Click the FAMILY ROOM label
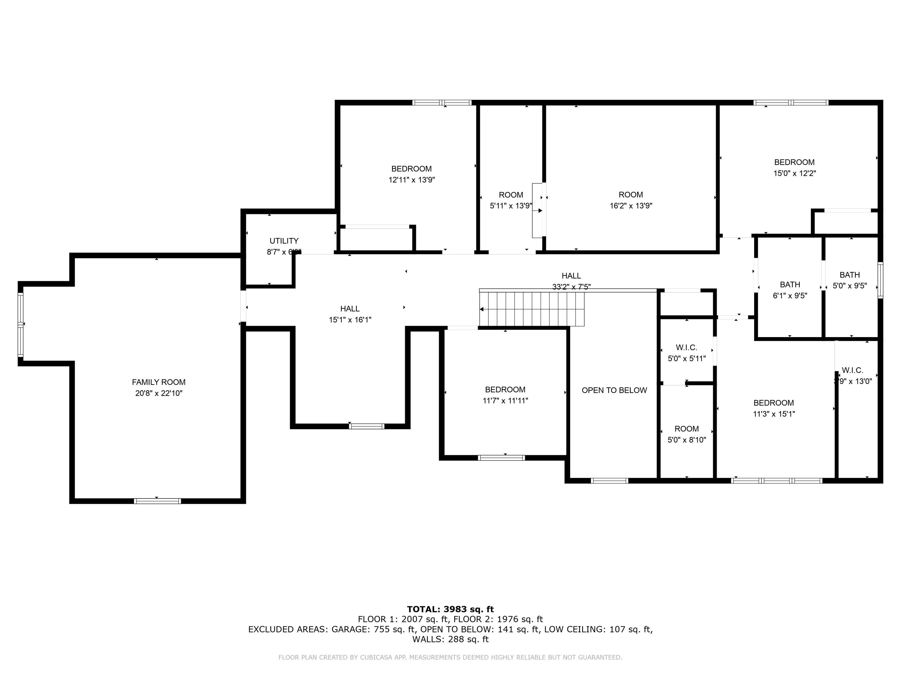coord(159,382)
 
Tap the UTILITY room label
coord(284,241)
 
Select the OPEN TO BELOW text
coord(614,390)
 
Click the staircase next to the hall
coord(532,309)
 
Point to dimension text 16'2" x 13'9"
coord(630,206)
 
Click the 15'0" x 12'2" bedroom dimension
coord(794,173)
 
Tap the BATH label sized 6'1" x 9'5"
coord(790,285)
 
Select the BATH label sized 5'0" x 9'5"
coord(849,275)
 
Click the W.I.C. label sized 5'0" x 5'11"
coord(686,348)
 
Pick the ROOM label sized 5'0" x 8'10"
coord(686,429)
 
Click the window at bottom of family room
coord(157,501)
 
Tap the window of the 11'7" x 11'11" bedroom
coord(501,458)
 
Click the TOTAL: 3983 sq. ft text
coord(450,609)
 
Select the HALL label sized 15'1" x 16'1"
coord(350,309)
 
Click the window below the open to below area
coord(609,481)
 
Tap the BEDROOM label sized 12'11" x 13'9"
coord(411,169)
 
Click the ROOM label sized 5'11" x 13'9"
coord(511,195)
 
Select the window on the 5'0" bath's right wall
coord(880,280)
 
